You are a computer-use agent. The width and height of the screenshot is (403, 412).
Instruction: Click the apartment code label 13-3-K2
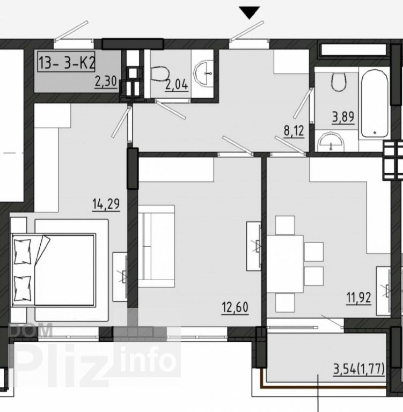tap(66, 62)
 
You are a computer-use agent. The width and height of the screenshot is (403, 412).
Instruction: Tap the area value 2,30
tap(106, 82)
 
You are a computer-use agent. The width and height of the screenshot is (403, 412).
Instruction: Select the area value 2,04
tap(177, 85)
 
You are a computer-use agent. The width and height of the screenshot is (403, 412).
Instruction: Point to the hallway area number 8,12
tap(294, 131)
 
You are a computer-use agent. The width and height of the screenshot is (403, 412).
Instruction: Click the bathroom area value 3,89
tap(343, 117)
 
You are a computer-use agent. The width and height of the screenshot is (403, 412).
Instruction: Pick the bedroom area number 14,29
tap(106, 204)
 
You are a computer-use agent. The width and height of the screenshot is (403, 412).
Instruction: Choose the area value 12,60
tap(235, 307)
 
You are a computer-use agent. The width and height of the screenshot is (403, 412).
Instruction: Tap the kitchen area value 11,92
tap(359, 298)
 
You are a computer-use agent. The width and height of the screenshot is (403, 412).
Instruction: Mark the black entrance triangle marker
tap(250, 13)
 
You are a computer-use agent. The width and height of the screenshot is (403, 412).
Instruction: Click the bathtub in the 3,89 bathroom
tap(375, 103)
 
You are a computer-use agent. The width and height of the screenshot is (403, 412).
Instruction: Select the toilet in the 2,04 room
tap(160, 75)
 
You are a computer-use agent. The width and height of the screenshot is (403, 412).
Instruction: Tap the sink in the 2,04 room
tap(203, 73)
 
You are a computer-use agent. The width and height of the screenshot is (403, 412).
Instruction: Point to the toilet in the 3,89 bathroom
tap(338, 82)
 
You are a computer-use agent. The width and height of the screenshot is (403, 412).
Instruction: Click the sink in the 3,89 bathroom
tap(331, 142)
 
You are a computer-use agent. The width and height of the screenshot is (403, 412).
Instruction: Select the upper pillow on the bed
tap(23, 251)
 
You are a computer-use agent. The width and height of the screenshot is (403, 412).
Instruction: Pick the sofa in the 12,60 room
tap(156, 246)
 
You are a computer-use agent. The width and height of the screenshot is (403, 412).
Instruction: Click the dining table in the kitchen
tap(285, 264)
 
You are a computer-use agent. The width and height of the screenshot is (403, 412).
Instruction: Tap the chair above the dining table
tap(285, 225)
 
